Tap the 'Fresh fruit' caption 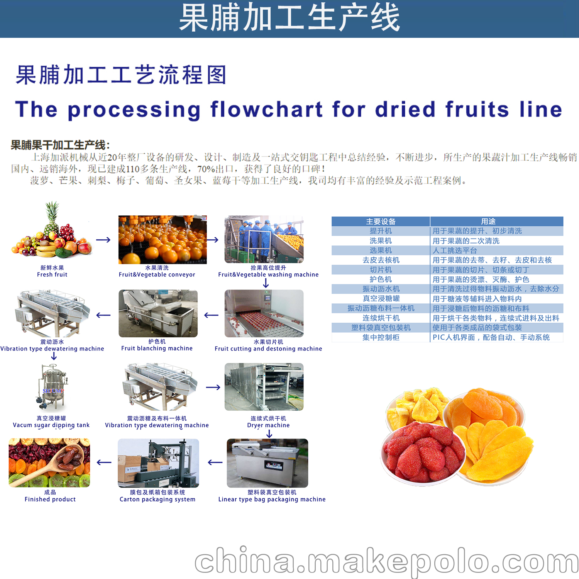point(52,275)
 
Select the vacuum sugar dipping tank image point(52,387)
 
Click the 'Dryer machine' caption point(268,425)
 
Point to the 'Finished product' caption point(50,499)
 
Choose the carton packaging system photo point(158,463)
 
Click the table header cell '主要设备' point(381,222)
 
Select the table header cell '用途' point(488,222)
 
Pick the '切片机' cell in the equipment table point(381,270)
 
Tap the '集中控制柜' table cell point(381,337)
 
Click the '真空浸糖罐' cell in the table point(381,298)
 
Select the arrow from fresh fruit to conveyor point(103,240)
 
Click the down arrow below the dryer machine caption point(269,434)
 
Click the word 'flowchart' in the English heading point(266,109)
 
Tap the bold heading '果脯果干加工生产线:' point(60,145)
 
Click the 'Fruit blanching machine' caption point(157,348)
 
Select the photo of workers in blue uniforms point(264,239)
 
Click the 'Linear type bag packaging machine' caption point(272,499)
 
